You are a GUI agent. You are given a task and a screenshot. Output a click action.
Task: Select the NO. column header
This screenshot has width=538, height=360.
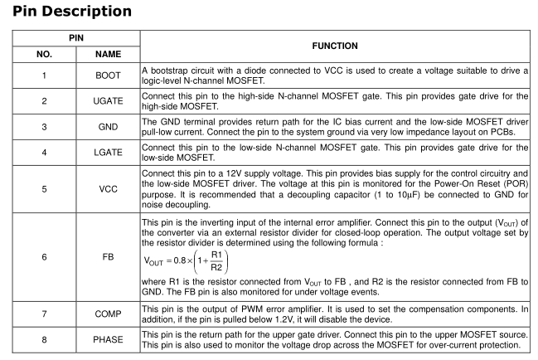point(45,54)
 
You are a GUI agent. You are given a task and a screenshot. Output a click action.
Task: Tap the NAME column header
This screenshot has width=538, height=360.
point(108,54)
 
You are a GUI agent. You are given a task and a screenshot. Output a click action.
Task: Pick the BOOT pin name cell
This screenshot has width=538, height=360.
point(108,75)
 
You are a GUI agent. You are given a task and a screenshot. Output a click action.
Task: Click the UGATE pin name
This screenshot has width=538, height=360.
point(108,101)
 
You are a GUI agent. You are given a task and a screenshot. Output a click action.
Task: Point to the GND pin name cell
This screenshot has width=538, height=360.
point(108,127)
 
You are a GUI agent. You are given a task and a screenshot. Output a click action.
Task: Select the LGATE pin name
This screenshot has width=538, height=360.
point(108,153)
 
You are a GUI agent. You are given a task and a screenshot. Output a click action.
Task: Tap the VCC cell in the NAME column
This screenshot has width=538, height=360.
point(108,189)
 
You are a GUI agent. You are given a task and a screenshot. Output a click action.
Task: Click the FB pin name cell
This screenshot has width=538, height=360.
point(108,257)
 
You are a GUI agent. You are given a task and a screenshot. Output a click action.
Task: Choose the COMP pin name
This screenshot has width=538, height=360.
point(108,314)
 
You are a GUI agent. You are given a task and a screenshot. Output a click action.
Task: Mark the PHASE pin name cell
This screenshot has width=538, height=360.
point(108,340)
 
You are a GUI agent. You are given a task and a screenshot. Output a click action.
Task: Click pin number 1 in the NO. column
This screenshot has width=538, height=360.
point(45,75)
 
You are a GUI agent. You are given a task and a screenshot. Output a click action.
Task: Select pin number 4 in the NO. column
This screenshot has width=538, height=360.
point(45,153)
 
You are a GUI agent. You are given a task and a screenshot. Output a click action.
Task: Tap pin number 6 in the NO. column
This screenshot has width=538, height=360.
point(45,257)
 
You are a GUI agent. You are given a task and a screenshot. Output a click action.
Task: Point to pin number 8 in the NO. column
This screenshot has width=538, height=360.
point(45,340)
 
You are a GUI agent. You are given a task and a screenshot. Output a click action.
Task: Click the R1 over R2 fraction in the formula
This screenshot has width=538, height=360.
point(216,260)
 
